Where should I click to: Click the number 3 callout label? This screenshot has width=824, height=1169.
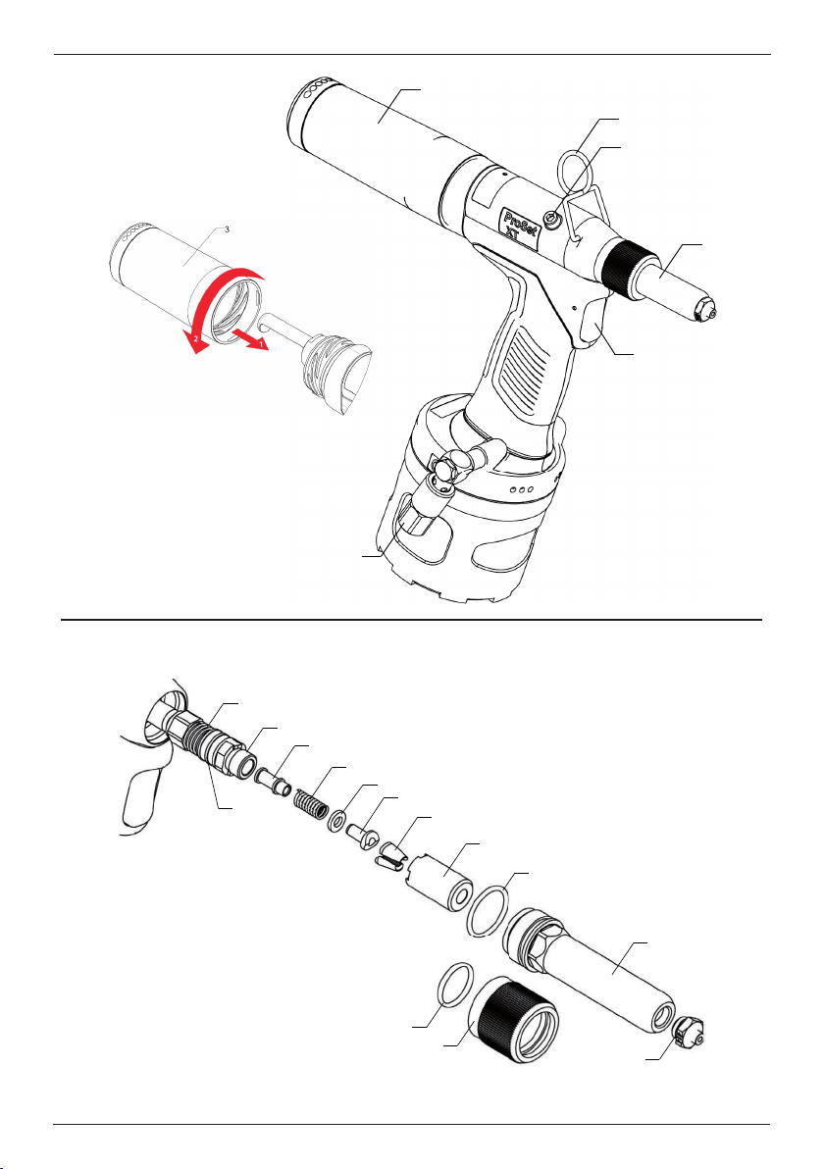[227, 229]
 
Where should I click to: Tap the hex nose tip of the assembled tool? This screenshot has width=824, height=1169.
[705, 307]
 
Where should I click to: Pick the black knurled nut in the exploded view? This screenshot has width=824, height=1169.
[518, 1018]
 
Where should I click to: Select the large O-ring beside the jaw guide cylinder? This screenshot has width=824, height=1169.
[489, 910]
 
